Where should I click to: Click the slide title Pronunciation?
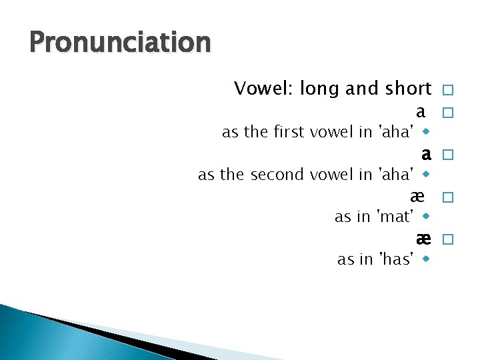120,43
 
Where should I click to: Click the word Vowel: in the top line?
264,89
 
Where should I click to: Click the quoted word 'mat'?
396,217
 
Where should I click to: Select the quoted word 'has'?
396,259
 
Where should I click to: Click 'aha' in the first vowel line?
396,132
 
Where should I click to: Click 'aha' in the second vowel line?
396,175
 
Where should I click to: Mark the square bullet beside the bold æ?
447,239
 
